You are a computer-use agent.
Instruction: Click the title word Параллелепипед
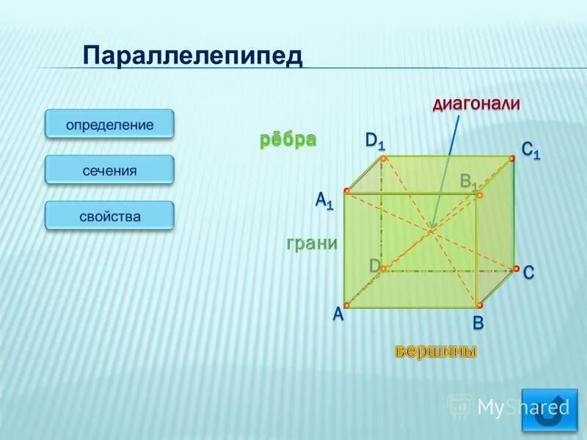point(192,56)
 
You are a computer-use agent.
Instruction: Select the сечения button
point(109,170)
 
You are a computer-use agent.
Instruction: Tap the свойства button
point(109,216)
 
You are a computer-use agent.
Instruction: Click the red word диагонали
point(476,104)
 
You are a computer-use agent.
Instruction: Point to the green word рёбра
point(287,140)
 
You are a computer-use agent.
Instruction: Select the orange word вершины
point(437,352)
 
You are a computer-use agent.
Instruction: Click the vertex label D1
point(375,140)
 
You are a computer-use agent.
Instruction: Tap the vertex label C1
point(531,150)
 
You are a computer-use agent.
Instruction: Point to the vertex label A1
point(324,199)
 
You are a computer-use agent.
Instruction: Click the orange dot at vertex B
point(479,305)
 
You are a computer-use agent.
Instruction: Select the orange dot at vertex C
point(516,268)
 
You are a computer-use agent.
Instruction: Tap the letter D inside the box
point(374,265)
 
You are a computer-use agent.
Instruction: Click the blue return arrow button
point(549,411)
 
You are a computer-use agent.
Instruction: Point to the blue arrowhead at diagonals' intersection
point(434,225)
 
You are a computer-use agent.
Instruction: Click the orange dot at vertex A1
point(347,191)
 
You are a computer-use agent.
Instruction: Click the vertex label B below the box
point(478,323)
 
